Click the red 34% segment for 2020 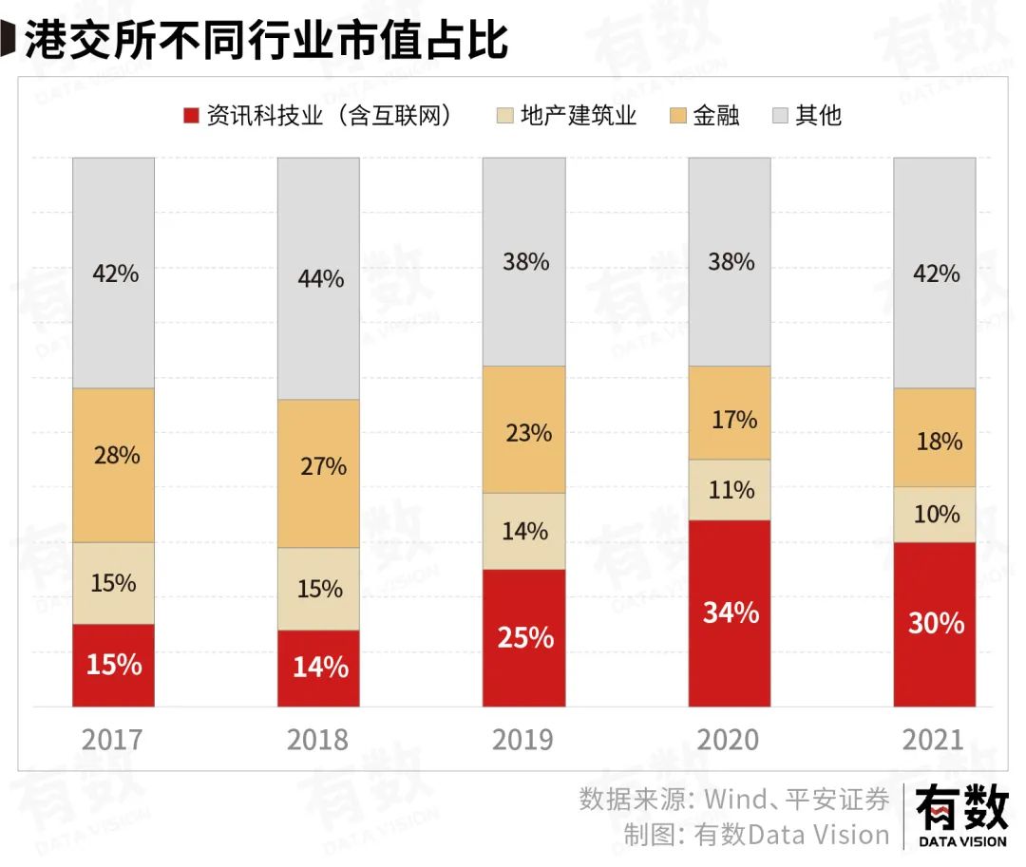coord(730,613)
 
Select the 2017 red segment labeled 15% coord(113,665)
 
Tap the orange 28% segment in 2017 coord(113,464)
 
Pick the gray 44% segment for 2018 coord(318,278)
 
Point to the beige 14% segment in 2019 coord(523,531)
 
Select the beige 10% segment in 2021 coord(935,514)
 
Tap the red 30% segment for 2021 coord(935,624)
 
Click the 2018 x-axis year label coord(318,740)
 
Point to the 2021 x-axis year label coord(935,740)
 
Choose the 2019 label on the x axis coord(523,740)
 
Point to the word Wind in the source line coord(733,799)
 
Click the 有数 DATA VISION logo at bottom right coord(961,817)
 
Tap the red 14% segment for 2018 coord(318,668)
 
